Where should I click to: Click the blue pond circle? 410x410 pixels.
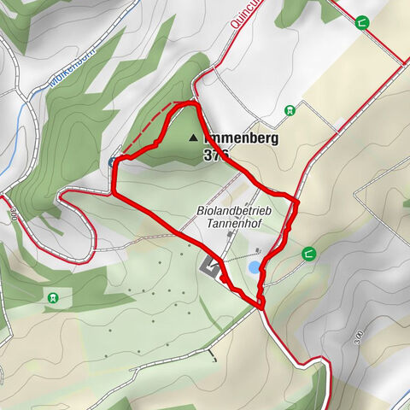255,267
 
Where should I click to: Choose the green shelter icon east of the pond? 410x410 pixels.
307,253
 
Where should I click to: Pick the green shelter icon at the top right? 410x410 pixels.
364,23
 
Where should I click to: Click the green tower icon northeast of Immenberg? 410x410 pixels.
290,109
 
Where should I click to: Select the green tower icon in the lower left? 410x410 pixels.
53,297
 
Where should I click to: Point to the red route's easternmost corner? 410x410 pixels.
298,201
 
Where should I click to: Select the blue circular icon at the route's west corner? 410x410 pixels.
114,161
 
